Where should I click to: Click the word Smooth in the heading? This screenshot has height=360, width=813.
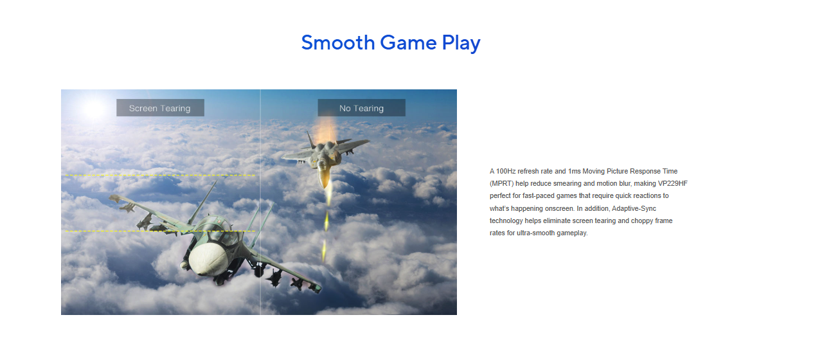(338, 42)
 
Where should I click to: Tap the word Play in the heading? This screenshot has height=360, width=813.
(461, 44)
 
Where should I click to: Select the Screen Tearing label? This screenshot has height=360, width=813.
(160, 108)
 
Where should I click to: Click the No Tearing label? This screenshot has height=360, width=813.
(361, 108)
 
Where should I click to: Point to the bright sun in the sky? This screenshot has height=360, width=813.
(94, 109)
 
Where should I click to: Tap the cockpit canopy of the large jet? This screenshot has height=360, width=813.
(218, 230)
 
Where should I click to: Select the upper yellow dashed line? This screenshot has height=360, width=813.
(160, 175)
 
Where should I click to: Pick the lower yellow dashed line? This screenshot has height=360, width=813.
(160, 231)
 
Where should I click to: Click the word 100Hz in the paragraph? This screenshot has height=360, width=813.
(506, 171)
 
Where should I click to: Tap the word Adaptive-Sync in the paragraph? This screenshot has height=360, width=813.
(634, 209)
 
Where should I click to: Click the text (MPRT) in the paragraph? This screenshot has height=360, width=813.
(501, 184)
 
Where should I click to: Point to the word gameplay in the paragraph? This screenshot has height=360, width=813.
(572, 233)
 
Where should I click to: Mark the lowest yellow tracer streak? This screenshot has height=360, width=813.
(324, 251)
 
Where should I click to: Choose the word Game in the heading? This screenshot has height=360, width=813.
(408, 42)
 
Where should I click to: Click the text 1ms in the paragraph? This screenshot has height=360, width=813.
(574, 171)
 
